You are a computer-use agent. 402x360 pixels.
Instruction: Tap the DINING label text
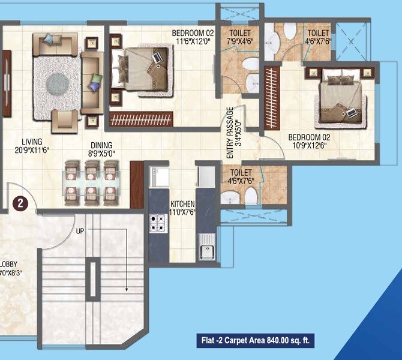coord(101,145)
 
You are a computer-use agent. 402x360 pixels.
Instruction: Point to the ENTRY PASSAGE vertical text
coord(230,133)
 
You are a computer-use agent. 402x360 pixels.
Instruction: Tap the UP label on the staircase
coord(80,230)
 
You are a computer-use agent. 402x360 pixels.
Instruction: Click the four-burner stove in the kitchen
coord(158,223)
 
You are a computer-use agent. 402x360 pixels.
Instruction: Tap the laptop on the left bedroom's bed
coord(157,58)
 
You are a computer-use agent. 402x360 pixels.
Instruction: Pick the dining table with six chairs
coord(90,181)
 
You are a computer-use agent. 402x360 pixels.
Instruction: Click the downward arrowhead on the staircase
coord(127,289)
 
